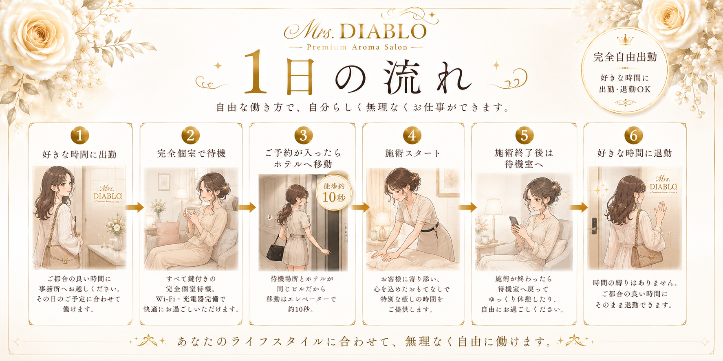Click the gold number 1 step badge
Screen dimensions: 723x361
click(x=79, y=135)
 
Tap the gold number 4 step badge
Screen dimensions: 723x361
click(x=412, y=136)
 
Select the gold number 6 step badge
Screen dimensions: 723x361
click(x=633, y=136)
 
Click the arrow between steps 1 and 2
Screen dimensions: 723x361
click(x=134, y=207)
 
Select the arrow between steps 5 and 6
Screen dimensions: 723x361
click(x=579, y=207)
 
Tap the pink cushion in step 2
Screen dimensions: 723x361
click(x=168, y=233)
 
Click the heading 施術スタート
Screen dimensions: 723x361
click(x=413, y=153)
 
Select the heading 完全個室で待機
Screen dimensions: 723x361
click(x=191, y=153)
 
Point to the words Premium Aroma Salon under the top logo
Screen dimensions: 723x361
click(x=357, y=47)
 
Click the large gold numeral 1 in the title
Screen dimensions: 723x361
click(x=255, y=72)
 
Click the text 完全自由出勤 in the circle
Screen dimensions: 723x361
click(x=625, y=57)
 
